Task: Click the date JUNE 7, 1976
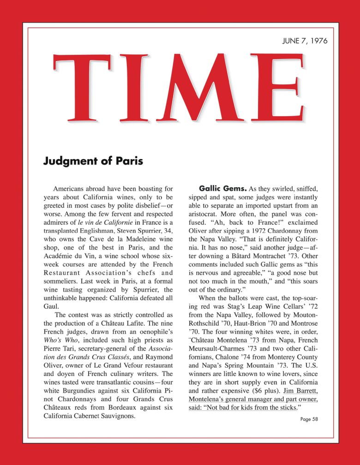click(x=305, y=41)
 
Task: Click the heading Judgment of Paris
click(x=93, y=161)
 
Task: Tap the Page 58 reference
click(x=309, y=419)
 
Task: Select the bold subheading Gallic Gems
click(x=222, y=189)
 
